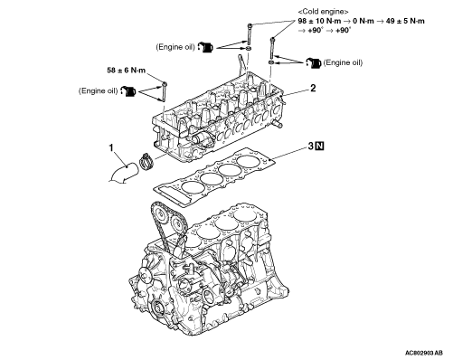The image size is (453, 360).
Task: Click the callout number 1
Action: pyautogui.click(x=111, y=148)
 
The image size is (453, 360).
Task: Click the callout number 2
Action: pyautogui.click(x=313, y=89)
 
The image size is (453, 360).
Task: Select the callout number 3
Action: pyautogui.click(x=311, y=147)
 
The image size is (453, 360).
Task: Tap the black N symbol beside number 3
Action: pyautogui.click(x=319, y=147)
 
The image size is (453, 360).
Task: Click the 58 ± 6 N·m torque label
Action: pyautogui.click(x=127, y=71)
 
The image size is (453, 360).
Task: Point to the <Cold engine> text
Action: pyautogui.click(x=323, y=12)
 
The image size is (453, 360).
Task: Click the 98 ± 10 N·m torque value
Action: pyautogui.click(x=319, y=21)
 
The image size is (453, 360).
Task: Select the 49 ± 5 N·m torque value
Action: pyautogui.click(x=405, y=21)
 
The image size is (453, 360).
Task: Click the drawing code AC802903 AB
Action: pyautogui.click(x=424, y=353)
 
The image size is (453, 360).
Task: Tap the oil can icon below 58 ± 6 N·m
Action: pyautogui.click(x=128, y=91)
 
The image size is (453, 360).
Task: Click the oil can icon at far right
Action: pyautogui.click(x=314, y=63)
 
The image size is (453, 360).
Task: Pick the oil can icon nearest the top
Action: pyautogui.click(x=205, y=47)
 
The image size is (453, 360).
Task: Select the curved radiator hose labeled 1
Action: pyautogui.click(x=124, y=174)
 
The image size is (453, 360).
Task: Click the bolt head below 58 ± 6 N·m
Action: pyautogui.click(x=165, y=83)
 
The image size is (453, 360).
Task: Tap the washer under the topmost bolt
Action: pyautogui.click(x=250, y=49)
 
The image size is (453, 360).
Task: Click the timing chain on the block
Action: pyautogui.click(x=159, y=223)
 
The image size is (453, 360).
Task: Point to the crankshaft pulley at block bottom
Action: pyautogui.click(x=157, y=309)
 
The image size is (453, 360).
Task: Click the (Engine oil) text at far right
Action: pyautogui.click(x=343, y=62)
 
